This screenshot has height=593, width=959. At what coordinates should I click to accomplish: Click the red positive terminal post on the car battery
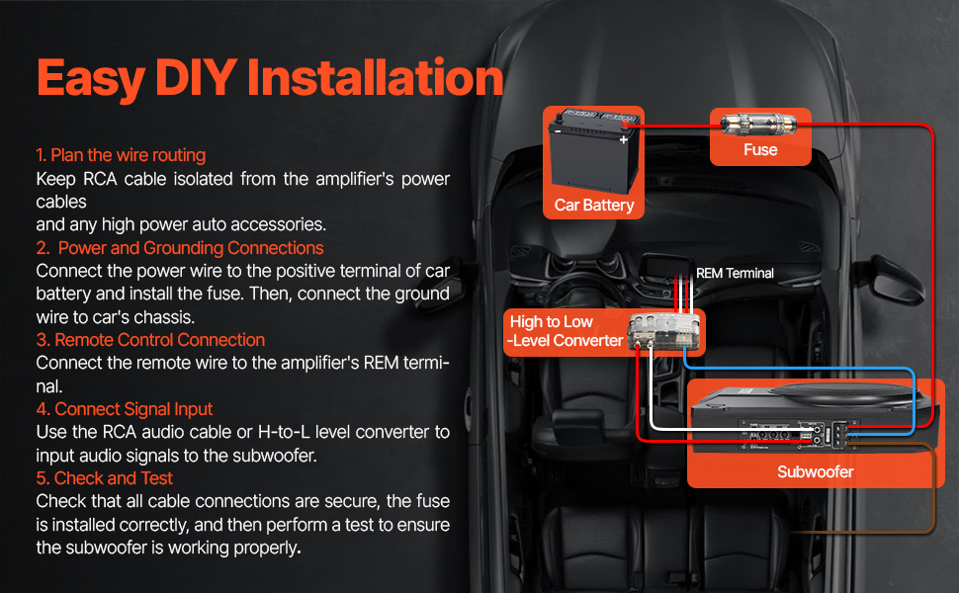point(625,125)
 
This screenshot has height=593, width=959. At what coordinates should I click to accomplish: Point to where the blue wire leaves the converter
point(685,355)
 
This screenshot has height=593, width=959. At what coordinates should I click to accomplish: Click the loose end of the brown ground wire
point(793,532)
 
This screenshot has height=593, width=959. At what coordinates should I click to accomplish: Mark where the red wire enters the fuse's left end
point(723,126)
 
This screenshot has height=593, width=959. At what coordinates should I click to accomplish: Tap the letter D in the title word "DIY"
point(172,78)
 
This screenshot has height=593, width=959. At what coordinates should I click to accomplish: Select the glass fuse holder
point(759,125)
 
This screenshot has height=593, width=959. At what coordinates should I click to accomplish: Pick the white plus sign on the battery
point(623,140)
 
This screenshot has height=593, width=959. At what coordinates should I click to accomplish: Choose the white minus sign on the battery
point(558,130)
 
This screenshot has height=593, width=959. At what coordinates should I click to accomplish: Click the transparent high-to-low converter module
point(663,331)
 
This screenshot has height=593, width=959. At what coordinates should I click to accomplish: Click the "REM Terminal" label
point(735,273)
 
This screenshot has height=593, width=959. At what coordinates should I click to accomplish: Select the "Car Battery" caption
point(594,205)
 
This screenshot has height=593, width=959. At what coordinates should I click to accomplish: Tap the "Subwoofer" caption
point(816,472)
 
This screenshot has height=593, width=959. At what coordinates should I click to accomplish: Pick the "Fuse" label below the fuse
point(760,150)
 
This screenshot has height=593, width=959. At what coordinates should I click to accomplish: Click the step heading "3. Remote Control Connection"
point(150,340)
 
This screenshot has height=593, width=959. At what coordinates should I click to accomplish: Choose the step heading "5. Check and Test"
point(105,478)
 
